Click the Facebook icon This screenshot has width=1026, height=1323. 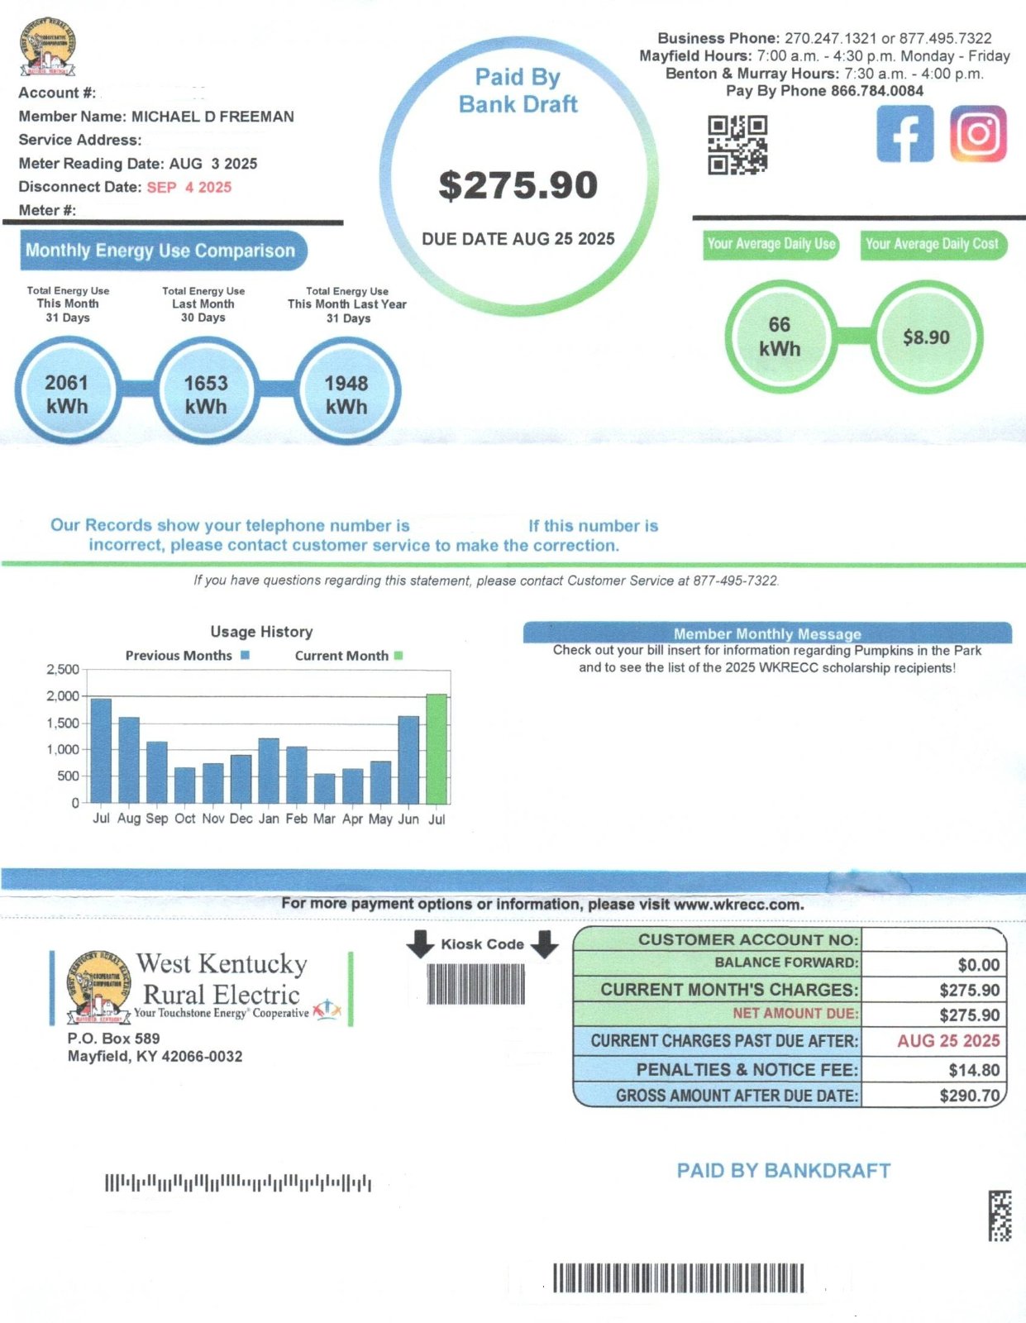[905, 134]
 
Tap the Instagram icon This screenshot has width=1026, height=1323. [978, 134]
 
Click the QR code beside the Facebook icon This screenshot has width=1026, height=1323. [737, 145]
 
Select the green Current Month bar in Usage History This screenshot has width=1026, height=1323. [437, 749]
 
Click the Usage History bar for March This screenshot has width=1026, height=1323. [324, 789]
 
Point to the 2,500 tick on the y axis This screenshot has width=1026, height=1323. [64, 670]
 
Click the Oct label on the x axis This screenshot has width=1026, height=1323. [185, 819]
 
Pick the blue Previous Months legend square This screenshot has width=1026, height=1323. [246, 656]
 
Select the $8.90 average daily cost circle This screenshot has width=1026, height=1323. [926, 337]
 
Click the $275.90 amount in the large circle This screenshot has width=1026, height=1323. [518, 185]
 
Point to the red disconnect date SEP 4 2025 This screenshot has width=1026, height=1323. [189, 187]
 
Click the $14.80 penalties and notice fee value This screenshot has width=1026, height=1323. [974, 1070]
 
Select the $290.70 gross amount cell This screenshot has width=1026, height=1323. [933, 1096]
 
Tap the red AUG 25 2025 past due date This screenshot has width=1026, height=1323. [948, 1040]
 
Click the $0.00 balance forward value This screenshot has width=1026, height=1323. [979, 965]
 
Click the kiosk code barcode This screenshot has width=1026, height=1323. [476, 983]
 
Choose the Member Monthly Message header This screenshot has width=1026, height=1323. [767, 633]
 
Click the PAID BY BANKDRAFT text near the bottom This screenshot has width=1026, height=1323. [784, 1170]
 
